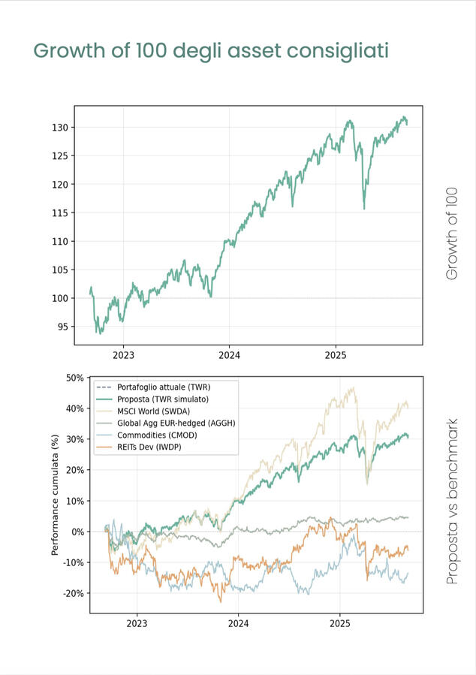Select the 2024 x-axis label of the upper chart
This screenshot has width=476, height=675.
point(229,355)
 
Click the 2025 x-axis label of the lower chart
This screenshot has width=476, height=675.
point(340,623)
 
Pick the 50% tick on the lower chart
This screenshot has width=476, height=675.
point(74,378)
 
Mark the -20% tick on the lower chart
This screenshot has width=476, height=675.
point(72,593)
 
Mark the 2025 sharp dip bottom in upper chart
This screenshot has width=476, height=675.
point(364,209)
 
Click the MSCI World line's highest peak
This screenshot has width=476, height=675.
point(353,388)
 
